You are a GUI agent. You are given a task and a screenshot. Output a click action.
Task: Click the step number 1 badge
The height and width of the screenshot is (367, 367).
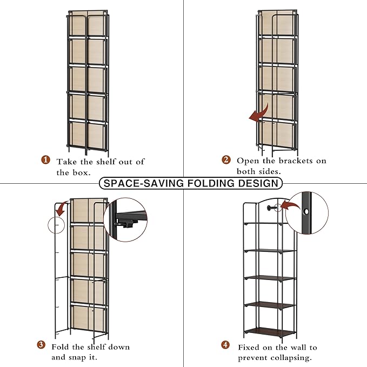(45, 160)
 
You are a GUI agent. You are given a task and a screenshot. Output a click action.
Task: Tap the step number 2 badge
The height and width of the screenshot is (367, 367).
(226, 160)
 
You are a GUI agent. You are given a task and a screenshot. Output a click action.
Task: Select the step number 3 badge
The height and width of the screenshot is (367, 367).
(41, 345)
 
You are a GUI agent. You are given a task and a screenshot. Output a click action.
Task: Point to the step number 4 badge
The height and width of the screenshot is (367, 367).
(225, 345)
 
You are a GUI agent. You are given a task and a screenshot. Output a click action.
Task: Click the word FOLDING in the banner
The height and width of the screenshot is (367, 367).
(211, 183)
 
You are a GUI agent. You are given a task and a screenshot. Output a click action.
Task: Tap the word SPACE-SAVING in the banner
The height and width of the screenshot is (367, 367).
(144, 183)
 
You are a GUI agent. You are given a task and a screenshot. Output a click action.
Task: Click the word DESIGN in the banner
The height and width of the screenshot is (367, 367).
(258, 183)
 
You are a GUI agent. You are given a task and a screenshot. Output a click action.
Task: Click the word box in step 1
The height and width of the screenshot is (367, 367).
(81, 172)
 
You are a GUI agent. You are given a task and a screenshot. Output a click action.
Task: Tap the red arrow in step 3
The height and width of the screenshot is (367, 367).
(61, 208)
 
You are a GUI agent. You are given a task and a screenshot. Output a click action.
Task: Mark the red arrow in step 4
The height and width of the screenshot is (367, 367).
(290, 205)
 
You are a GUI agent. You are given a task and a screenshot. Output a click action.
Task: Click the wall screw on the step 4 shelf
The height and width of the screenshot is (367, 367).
(271, 208)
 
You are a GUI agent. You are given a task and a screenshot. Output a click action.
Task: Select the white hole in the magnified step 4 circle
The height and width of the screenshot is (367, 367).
(306, 212)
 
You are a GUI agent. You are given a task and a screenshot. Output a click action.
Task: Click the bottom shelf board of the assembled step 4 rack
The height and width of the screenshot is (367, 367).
(270, 331)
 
